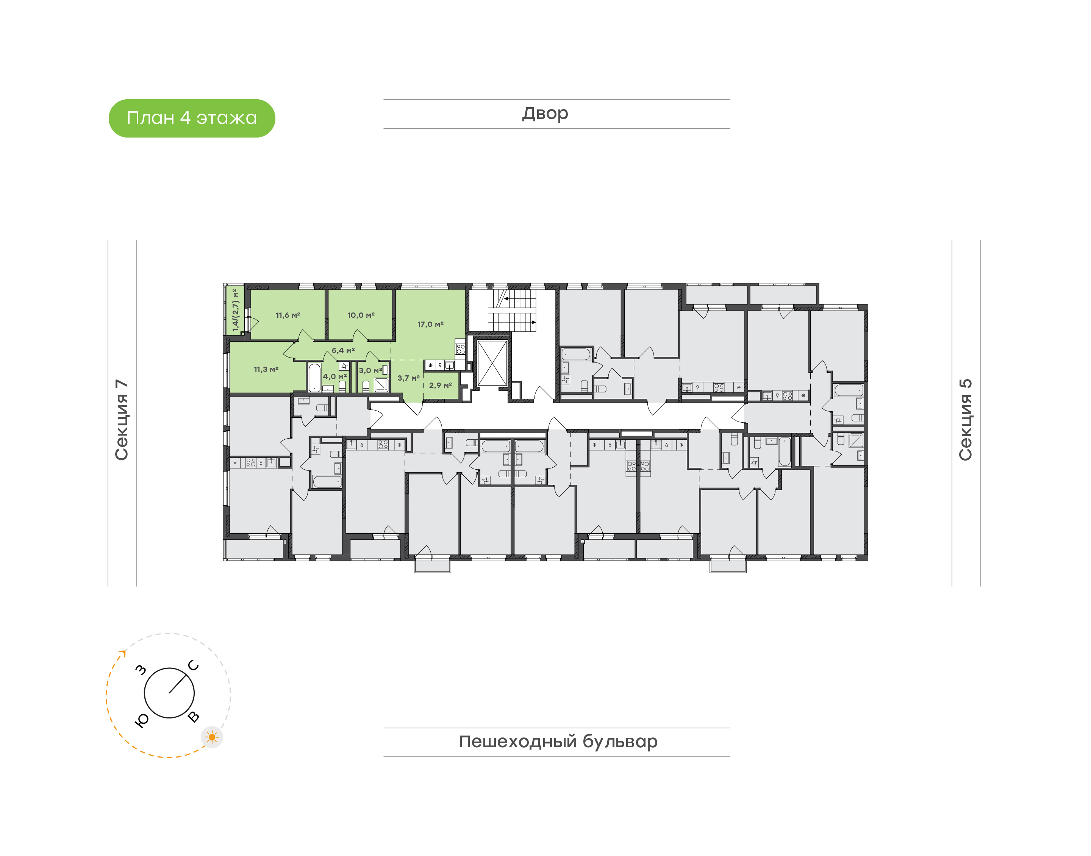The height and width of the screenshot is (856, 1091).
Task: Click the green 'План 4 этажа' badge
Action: [192, 118]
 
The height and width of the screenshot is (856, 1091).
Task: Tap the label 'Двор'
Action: [545, 114]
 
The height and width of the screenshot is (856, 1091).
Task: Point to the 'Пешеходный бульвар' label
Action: [558, 742]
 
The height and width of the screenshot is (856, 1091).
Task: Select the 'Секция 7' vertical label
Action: [122, 420]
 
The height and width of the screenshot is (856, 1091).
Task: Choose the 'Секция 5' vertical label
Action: [966, 420]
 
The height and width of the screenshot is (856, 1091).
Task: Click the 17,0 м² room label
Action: [430, 324]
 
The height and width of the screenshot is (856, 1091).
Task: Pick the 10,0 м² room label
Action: [361, 315]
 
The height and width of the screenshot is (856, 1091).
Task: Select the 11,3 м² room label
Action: [266, 369]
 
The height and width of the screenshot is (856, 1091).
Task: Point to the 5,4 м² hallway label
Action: [343, 350]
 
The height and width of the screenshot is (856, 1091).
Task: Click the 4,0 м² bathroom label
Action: [335, 376]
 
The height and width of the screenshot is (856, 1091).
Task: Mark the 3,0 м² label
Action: [370, 370]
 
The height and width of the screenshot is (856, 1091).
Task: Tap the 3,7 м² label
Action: [408, 378]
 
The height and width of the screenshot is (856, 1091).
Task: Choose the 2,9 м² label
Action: [441, 386]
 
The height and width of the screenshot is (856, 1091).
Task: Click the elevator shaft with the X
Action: [492, 363]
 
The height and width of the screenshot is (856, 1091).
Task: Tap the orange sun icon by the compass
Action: [212, 737]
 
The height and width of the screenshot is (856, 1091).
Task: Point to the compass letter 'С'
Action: [194, 665]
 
